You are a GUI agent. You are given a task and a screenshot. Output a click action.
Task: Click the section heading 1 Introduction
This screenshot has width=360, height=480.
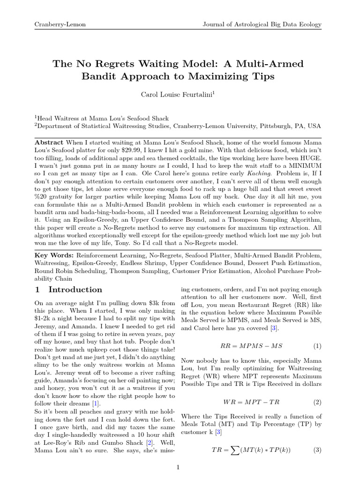[69, 290]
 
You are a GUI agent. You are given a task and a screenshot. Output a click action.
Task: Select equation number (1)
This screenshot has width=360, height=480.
[317, 346]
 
